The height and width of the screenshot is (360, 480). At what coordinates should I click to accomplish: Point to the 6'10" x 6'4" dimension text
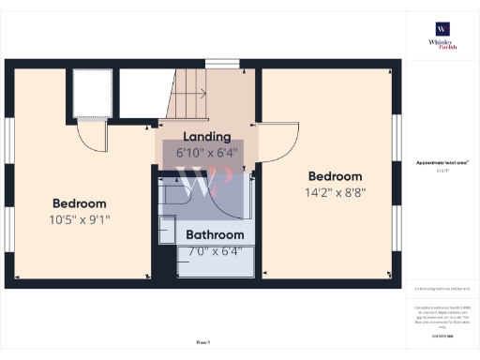(206, 152)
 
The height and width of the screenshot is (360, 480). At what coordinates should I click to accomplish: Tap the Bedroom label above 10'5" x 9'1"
(79, 203)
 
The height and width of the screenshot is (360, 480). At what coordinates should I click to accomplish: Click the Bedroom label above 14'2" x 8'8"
(335, 176)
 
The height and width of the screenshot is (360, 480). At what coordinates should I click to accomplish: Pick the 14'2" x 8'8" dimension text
(335, 193)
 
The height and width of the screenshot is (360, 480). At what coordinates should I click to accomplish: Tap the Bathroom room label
(215, 234)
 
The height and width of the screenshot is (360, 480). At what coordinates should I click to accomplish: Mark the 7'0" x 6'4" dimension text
(215, 250)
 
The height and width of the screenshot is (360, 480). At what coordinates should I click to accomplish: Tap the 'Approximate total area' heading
(442, 163)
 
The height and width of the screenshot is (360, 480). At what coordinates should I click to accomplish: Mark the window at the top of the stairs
(222, 64)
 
